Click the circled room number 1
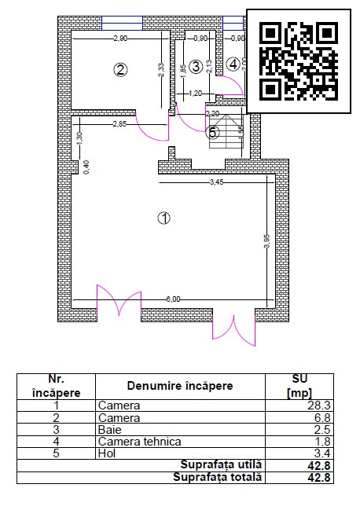pos(163,218)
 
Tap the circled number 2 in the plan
pos(120,69)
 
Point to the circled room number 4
pos(233,64)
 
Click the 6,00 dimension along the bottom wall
pos(173,299)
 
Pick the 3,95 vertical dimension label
pos(266,241)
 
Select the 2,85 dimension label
pos(119,124)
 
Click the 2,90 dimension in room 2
pos(120,38)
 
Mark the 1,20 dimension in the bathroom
pos(196,94)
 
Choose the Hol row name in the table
pos(105,453)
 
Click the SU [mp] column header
pos(301,386)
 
